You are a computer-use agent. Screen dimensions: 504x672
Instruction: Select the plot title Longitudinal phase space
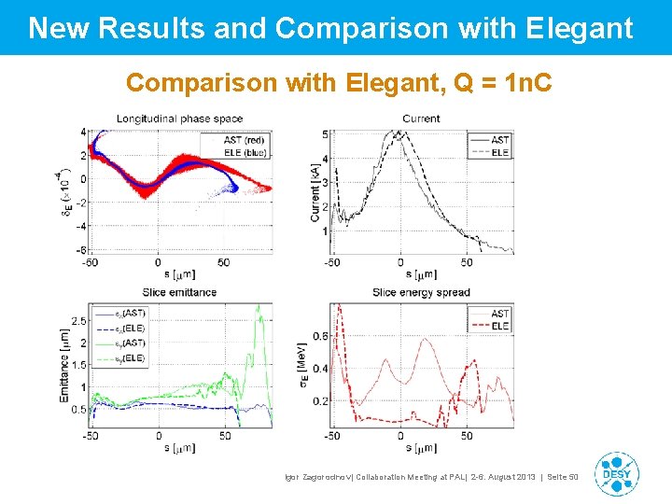point(179,119)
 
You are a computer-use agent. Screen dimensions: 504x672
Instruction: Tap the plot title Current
point(421,119)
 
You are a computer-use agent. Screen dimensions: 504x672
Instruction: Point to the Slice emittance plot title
point(179,292)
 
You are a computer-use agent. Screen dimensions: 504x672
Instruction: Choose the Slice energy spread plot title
point(421,292)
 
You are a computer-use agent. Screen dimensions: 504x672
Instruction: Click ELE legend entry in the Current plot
point(499,151)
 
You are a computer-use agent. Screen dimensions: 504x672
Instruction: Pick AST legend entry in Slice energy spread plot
point(499,314)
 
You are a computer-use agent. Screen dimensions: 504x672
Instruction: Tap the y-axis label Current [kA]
point(315,191)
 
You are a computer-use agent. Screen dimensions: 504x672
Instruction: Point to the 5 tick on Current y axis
point(325,134)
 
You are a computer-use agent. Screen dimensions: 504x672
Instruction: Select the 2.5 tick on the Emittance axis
point(78,321)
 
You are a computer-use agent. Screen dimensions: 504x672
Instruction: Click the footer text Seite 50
point(561,477)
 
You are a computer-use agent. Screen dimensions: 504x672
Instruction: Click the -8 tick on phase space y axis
point(82,249)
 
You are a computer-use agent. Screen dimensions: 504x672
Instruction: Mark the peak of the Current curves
point(399,133)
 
